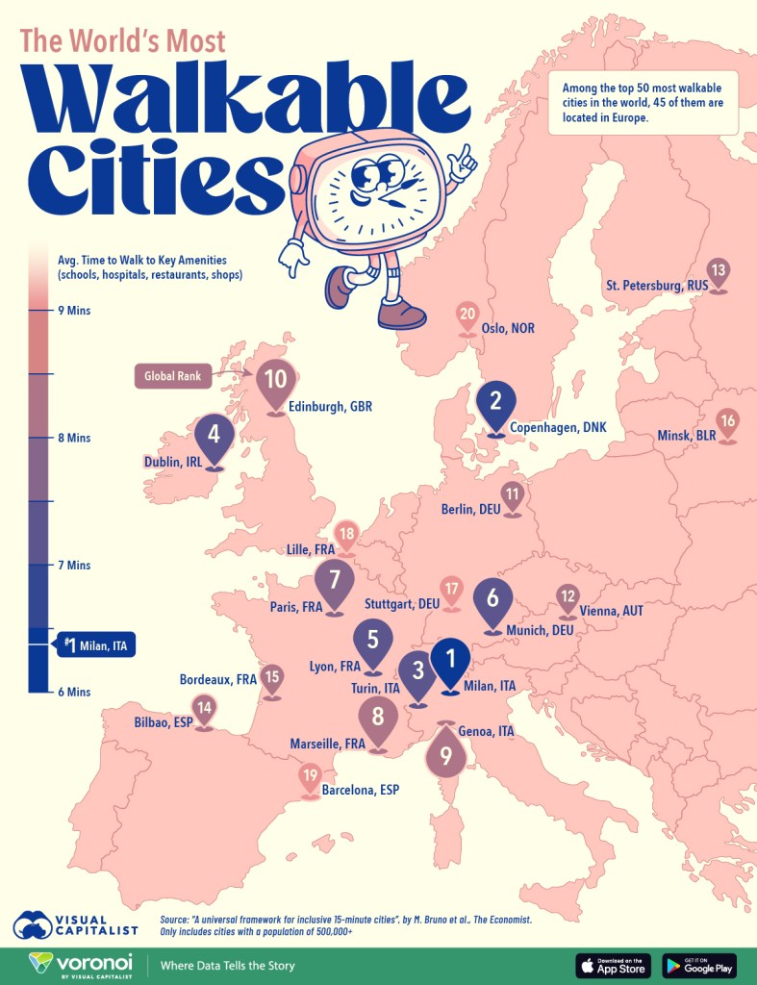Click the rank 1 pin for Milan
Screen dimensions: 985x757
pos(450,661)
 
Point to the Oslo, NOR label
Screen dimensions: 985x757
pos(509,328)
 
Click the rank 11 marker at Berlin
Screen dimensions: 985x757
pos(513,497)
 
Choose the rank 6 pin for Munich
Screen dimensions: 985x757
pos(492,600)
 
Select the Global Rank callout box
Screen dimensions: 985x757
pos(174,377)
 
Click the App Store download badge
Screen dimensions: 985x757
pos(613,965)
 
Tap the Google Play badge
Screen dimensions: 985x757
pos(699,965)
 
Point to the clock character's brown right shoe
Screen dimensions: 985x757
pos(402,313)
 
